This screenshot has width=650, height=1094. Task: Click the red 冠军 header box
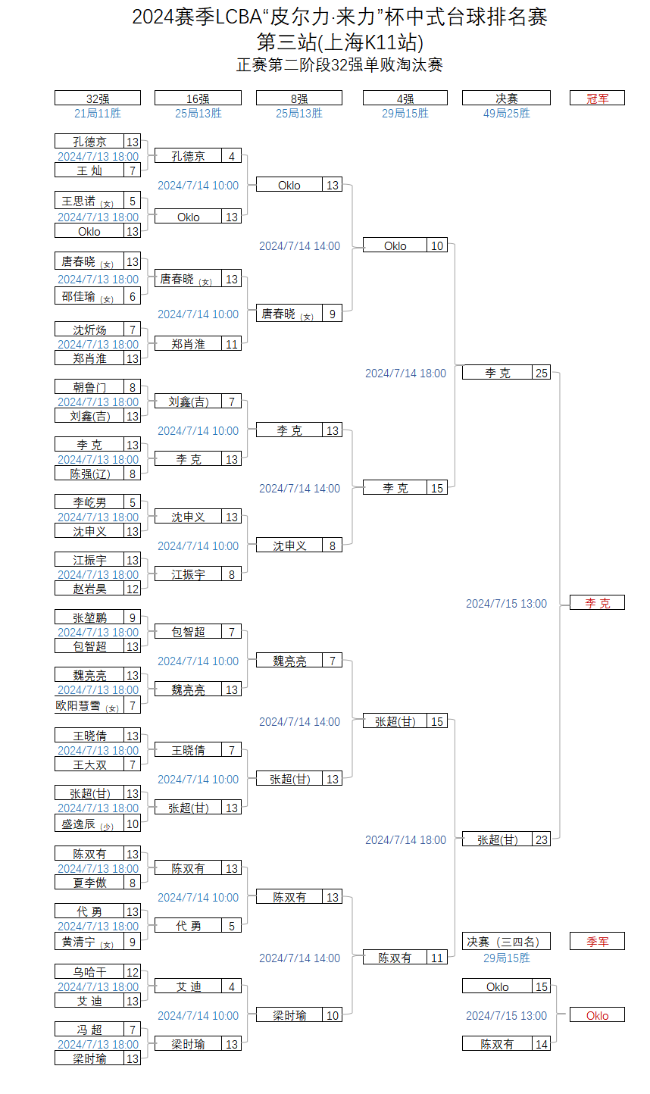click(597, 98)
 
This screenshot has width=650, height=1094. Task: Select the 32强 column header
click(98, 98)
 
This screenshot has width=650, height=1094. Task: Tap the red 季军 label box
click(597, 941)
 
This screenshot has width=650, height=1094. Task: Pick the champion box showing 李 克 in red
click(597, 602)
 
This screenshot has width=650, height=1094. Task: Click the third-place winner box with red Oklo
click(597, 1015)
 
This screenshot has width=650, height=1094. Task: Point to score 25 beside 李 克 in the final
click(541, 373)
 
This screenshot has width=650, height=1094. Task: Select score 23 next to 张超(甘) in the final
click(541, 839)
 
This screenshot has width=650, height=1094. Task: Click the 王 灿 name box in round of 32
click(89, 170)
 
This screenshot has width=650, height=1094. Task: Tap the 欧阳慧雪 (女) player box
click(89, 705)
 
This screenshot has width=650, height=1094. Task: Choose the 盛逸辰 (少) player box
click(89, 824)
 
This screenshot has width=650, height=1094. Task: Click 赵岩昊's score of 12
click(133, 589)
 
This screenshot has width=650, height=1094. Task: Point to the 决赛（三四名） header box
click(506, 941)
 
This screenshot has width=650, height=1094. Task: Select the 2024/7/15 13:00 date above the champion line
click(506, 604)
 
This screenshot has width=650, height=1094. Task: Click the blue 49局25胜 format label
click(506, 114)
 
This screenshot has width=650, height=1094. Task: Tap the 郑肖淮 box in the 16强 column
click(188, 344)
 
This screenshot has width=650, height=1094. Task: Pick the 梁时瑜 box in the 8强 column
click(289, 1015)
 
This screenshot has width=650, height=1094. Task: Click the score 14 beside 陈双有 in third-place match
click(541, 1044)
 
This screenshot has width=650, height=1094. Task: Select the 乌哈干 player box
click(89, 972)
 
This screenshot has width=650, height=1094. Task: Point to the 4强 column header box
click(405, 98)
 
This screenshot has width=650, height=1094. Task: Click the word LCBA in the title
click(239, 17)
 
